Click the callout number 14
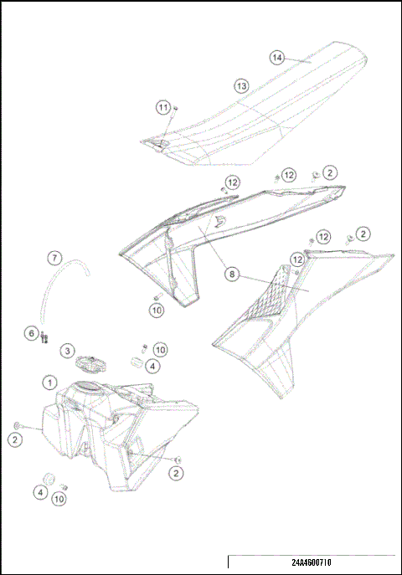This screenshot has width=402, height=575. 277,57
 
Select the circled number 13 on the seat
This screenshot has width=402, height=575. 240,85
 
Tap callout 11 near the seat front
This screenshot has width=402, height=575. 163,107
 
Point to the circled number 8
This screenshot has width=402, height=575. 231,273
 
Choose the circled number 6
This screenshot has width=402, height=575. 32,333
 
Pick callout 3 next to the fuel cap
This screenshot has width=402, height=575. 67,350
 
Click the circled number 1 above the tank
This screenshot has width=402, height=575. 49,382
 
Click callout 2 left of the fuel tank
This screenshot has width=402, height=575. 16,438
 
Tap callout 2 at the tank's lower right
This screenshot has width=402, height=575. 176,473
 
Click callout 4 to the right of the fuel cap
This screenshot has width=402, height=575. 152,365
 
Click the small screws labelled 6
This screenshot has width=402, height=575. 44,338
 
